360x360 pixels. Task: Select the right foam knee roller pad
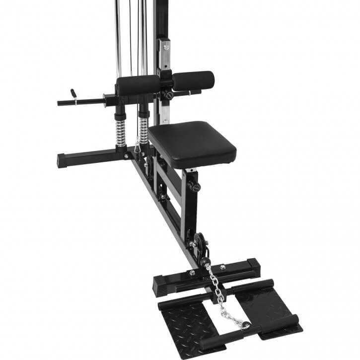pos(194,80)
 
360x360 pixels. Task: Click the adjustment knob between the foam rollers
pos(169,94)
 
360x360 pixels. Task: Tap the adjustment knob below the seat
pos(194,187)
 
